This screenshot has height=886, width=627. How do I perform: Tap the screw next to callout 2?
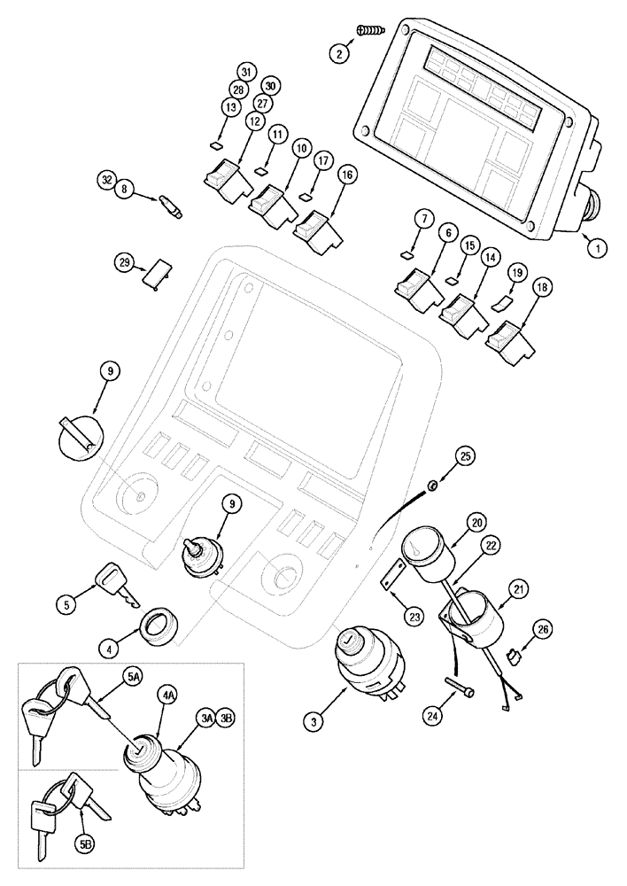coord(370,31)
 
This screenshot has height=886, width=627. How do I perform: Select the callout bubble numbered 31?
coord(246,72)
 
